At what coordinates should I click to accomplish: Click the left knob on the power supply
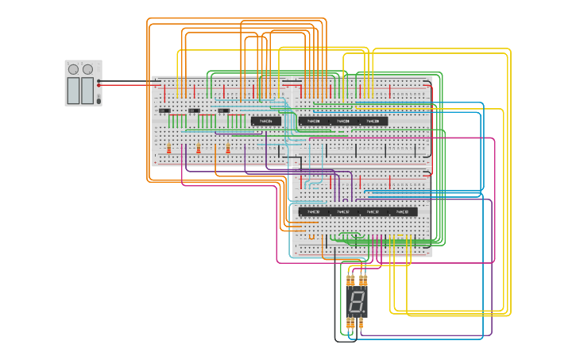pyautogui.click(x=74, y=69)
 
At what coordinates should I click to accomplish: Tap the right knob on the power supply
pyautogui.click(x=87, y=69)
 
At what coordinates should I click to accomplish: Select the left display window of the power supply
pyautogui.click(x=74, y=90)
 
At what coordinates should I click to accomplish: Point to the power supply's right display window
pyautogui.click(x=87, y=90)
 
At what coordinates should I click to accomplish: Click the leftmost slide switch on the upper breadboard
pyautogui.click(x=164, y=110)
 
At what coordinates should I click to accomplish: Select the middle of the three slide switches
pyautogui.click(x=194, y=110)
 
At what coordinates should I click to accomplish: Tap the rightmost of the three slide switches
pyautogui.click(x=223, y=110)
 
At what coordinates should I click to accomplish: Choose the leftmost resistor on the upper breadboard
pyautogui.click(x=168, y=149)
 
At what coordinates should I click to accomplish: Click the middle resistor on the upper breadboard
pyautogui.click(x=198, y=149)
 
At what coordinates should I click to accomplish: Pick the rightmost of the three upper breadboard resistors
pyautogui.click(x=228, y=149)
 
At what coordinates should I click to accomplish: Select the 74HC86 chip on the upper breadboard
pyautogui.click(x=266, y=121)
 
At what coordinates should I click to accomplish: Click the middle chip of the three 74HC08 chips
pyautogui.click(x=343, y=121)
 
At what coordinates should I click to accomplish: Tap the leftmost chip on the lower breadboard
pyautogui.click(x=313, y=212)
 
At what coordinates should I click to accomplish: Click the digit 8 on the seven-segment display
pyautogui.click(x=356, y=301)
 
